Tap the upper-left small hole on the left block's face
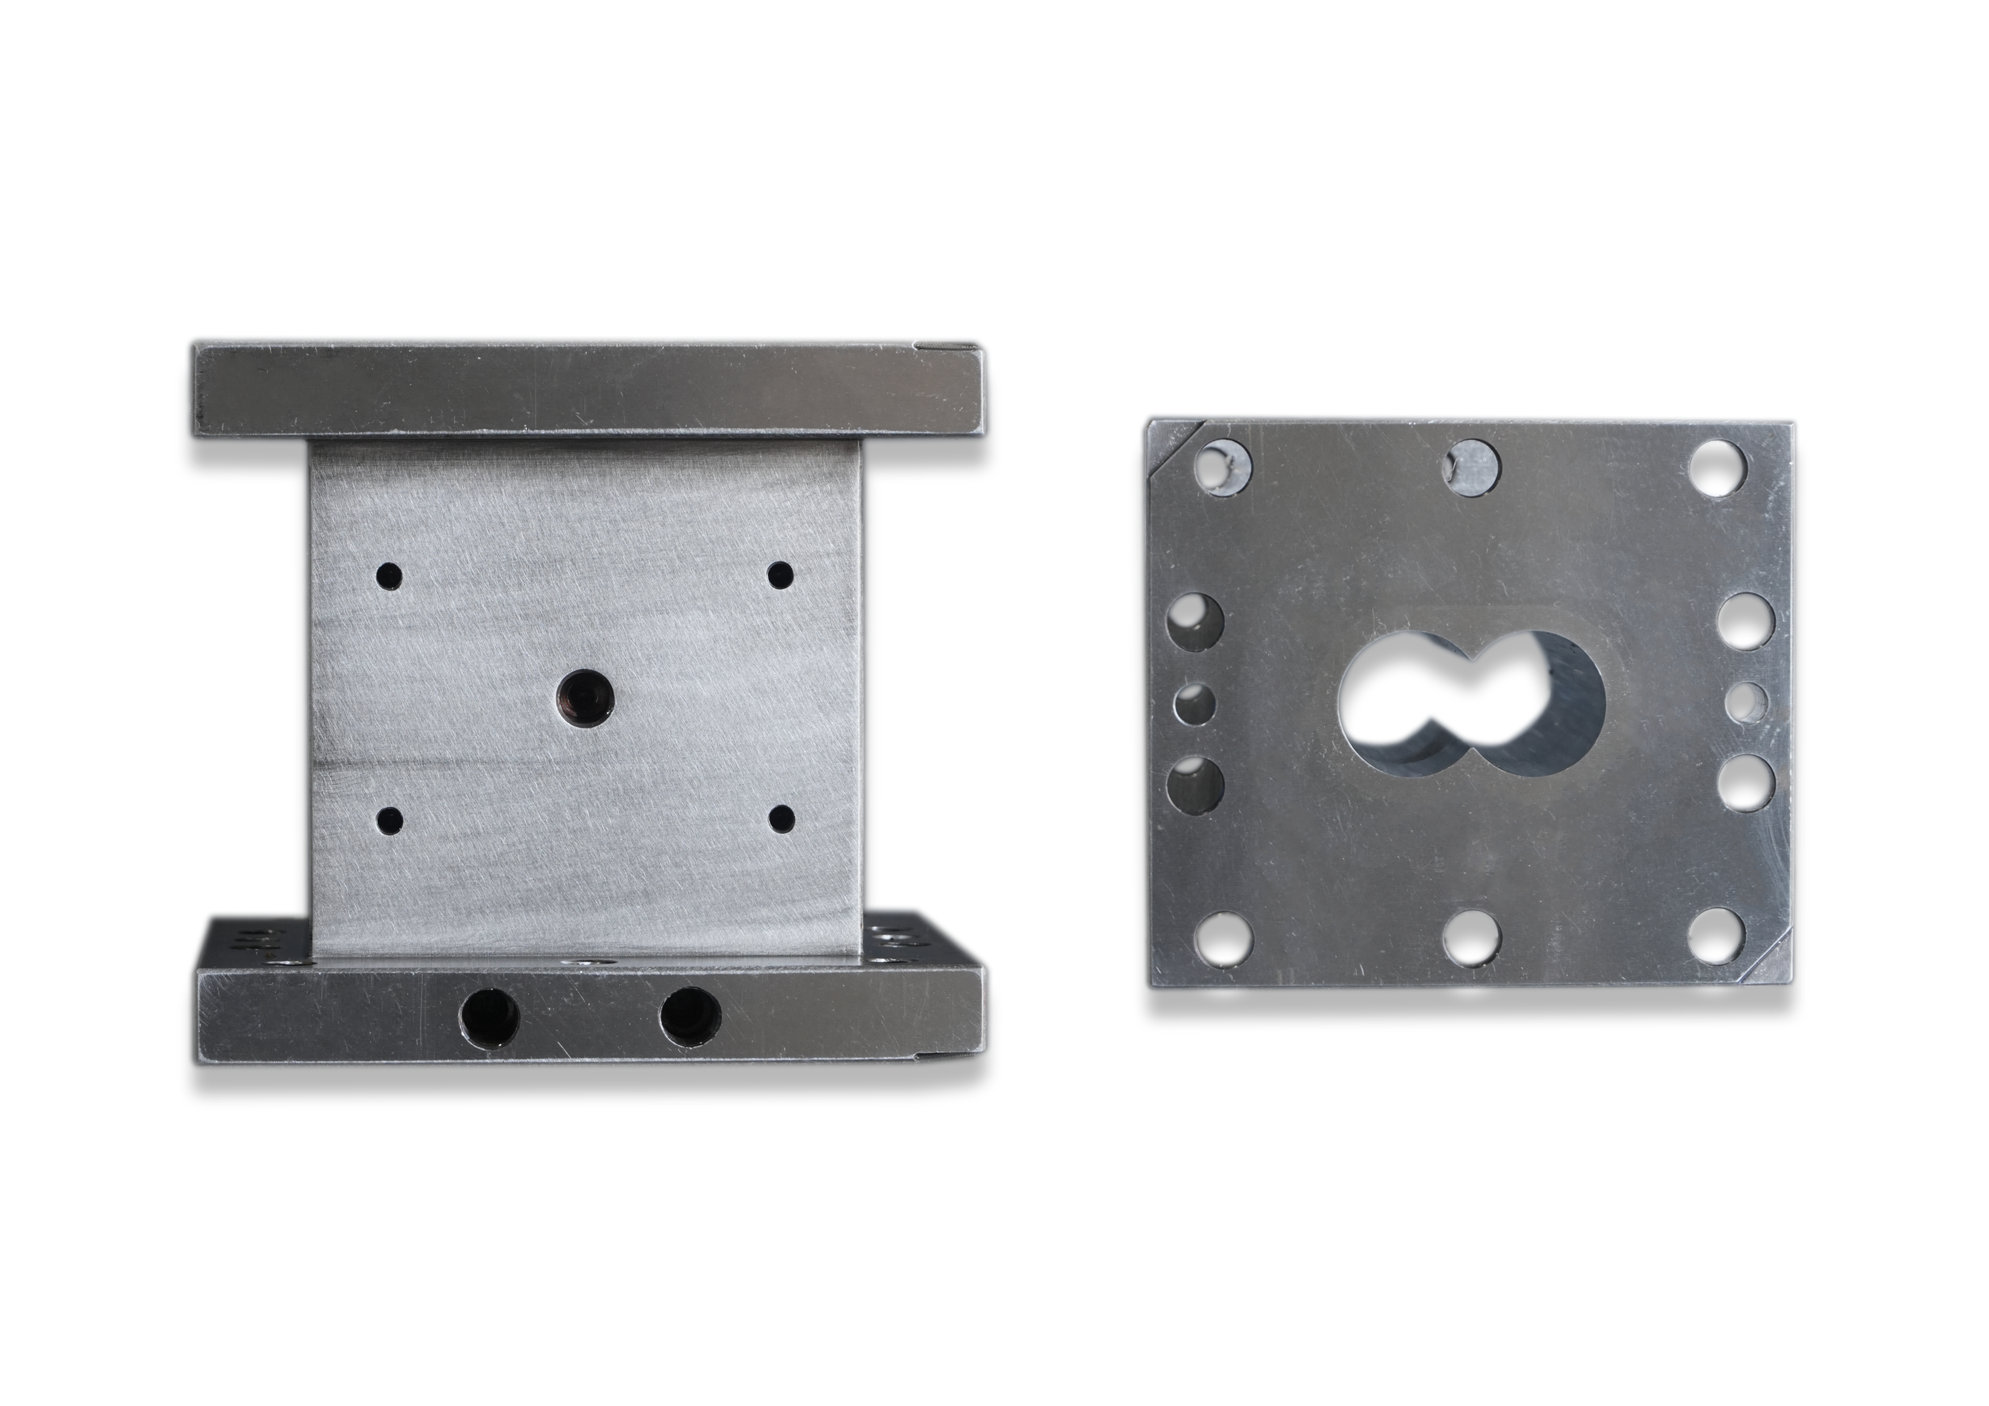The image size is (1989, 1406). [x=389, y=574]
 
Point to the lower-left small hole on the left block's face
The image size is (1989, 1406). [x=391, y=819]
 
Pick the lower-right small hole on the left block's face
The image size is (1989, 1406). [x=782, y=817]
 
